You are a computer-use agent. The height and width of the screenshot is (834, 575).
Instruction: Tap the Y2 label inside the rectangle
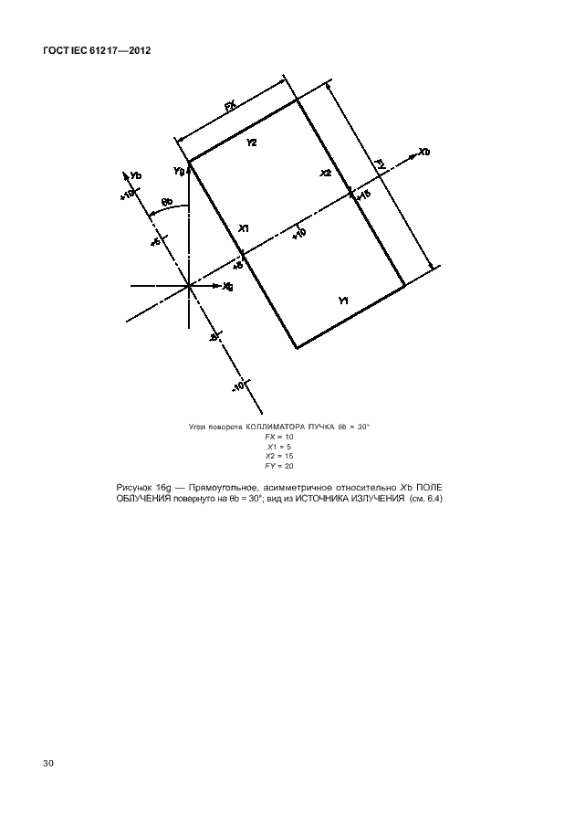click(x=251, y=143)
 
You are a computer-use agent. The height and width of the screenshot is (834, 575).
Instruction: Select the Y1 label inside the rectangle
click(x=343, y=300)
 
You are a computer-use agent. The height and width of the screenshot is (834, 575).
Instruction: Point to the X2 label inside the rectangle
click(x=326, y=173)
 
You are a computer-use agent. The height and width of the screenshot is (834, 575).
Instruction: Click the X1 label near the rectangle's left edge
click(x=244, y=227)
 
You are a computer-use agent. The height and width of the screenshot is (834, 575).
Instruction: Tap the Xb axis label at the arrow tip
click(x=423, y=152)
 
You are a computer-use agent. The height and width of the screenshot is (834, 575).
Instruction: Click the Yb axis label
click(x=135, y=175)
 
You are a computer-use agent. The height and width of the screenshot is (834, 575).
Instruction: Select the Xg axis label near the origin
click(x=227, y=287)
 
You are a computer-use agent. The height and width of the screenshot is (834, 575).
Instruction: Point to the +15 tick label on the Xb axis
click(x=362, y=195)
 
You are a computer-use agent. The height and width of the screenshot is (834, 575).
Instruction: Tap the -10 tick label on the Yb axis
click(x=238, y=386)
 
